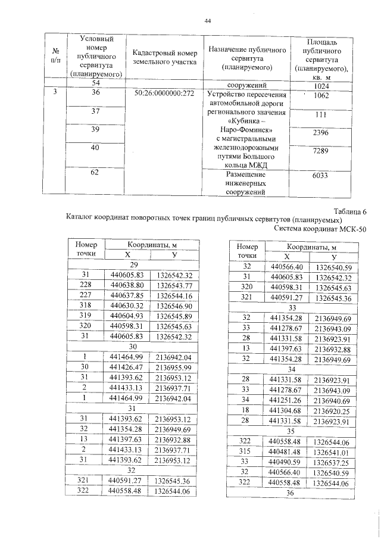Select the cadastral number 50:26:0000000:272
coord(164,94)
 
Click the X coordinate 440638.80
coord(127,285)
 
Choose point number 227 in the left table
coord(86,295)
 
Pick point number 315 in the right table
coord(246,451)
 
